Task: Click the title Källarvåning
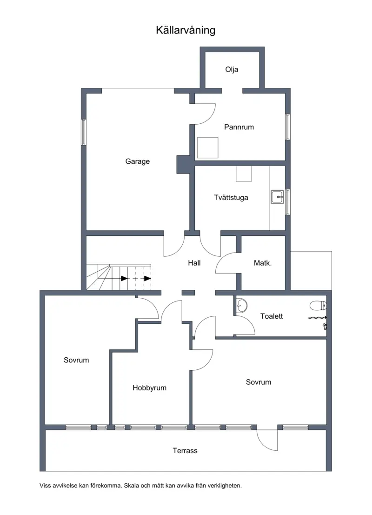[186, 30]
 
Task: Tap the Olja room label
[232, 69]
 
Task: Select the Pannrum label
[239, 127]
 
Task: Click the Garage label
[138, 161]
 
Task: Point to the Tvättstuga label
[231, 197]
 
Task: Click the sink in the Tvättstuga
[278, 197]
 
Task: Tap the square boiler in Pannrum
[207, 147]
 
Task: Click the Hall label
[194, 263]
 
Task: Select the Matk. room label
[263, 263]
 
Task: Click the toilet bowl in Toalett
[318, 306]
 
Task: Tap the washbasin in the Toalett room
[242, 306]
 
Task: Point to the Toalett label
[272, 316]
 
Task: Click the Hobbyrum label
[149, 388]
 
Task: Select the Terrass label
[185, 451]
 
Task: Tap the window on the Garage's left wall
[84, 132]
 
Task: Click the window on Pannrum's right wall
[288, 127]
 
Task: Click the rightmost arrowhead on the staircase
[147, 279]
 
